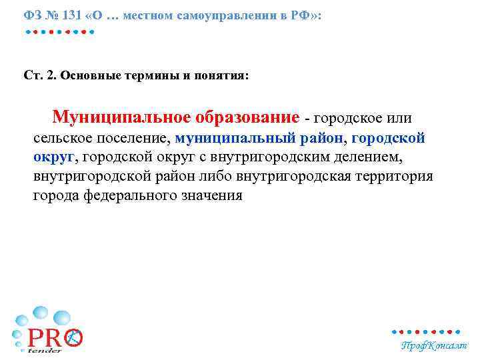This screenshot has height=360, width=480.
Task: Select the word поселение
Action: point(136,139)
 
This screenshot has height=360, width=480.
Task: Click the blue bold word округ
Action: point(55,158)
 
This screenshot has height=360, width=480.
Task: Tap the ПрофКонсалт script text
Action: point(433,345)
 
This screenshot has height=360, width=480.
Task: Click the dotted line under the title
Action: point(61,31)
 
